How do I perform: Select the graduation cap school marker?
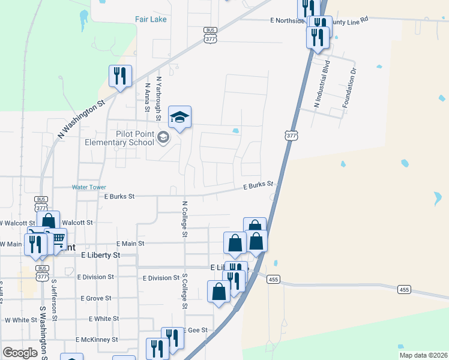[179, 117]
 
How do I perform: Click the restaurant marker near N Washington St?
[120, 76]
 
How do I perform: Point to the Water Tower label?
[89, 187]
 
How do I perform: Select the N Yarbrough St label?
[159, 94]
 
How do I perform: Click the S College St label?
[185, 292]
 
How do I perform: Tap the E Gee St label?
[197, 330]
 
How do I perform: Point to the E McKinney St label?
[97, 340]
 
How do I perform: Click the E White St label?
[103, 319]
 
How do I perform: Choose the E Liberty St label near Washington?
[100, 255]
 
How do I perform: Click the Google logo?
[20, 353]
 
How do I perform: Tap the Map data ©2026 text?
[423, 355]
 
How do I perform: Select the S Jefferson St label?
[53, 298]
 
